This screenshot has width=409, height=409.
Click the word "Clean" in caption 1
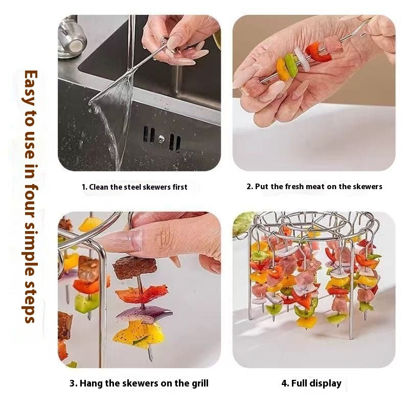tap(101, 187)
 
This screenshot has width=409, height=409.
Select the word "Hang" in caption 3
tap(90, 383)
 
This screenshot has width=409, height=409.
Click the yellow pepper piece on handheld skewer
tap(282, 69)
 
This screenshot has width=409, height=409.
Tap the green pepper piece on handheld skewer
tap(291, 65)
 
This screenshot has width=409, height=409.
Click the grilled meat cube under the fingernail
tap(134, 267)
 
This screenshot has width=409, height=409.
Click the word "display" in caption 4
tap(327, 383)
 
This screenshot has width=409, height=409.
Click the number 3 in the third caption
tap(72, 383)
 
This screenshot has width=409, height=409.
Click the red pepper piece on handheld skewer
tap(317, 52)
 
